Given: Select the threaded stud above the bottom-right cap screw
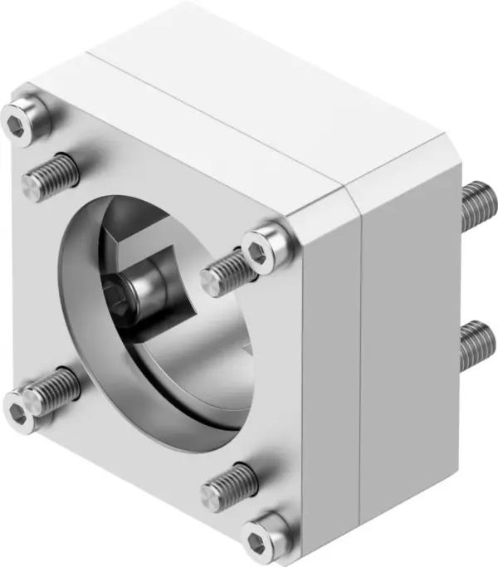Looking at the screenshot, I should pos(229,485).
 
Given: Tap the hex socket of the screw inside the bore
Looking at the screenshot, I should pos(119,294).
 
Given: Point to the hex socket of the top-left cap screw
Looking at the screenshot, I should pos(17,124).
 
